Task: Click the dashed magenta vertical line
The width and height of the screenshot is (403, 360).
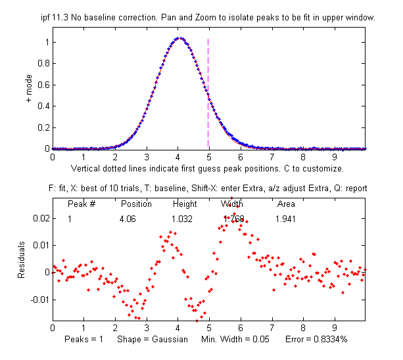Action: point(208,92)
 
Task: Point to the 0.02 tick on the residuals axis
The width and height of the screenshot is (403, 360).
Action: point(39,217)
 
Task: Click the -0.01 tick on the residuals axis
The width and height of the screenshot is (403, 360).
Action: point(37,300)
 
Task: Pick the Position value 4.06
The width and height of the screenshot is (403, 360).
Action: point(128,218)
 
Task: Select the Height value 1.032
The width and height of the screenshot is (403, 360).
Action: point(182,218)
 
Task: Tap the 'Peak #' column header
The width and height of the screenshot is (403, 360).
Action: point(82,204)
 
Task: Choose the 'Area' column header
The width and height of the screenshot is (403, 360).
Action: point(285,204)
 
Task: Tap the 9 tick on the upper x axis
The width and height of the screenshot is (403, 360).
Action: point(334,158)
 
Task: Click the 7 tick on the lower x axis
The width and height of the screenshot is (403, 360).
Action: point(272,326)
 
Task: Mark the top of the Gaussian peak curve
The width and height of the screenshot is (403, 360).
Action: point(178,38)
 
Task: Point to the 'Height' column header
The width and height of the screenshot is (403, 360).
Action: point(185,204)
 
